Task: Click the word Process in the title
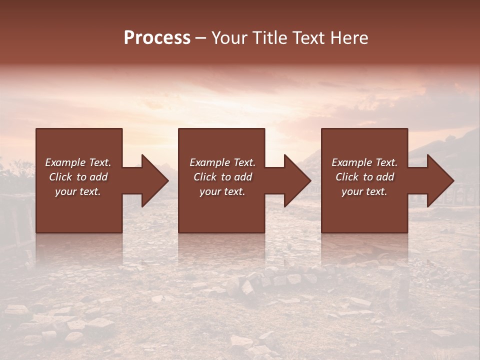point(157,38)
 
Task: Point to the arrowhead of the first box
point(154,180)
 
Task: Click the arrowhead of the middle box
point(297,180)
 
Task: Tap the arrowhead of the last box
point(440,180)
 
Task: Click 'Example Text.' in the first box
point(78,162)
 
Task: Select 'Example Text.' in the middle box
point(222,162)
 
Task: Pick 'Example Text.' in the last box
point(364,162)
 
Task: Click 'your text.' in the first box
point(78,191)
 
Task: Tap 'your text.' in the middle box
point(222,191)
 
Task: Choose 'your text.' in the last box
point(364,191)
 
